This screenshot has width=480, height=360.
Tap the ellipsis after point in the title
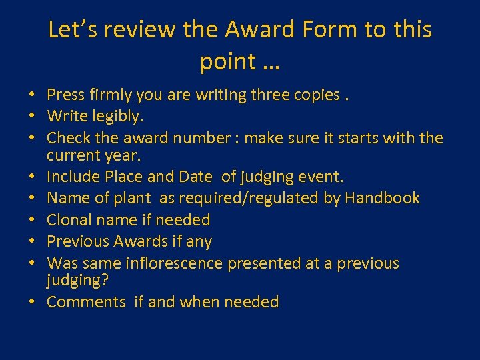[271, 62]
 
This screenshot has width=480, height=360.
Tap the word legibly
[118, 117]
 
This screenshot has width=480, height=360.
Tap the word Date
[195, 177]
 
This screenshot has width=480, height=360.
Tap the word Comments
[86, 302]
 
